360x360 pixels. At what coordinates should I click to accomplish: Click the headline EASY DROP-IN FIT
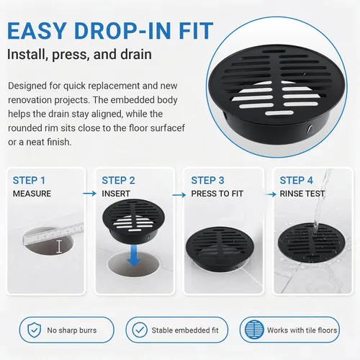pos(110,31)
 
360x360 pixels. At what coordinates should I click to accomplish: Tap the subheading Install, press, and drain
pos(79,55)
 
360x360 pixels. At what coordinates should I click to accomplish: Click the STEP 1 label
pos(29,181)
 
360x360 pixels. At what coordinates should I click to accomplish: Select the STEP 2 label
pos(118,181)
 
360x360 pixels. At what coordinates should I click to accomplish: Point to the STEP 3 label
pos(207,181)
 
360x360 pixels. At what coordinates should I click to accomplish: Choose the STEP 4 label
pos(297,181)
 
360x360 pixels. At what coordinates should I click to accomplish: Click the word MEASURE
pos(32,194)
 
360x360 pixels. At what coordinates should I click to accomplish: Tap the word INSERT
pos(116,194)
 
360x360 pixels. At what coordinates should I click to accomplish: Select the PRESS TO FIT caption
pos(217,194)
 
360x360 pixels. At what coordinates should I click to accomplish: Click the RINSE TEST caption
pos(302,194)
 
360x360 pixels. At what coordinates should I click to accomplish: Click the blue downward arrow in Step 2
pos(134,256)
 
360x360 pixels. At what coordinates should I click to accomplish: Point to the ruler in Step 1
pos(53,234)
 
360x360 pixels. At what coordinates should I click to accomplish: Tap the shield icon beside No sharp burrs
pos(35,330)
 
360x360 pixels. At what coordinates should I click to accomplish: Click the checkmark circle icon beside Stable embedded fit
pos(140,330)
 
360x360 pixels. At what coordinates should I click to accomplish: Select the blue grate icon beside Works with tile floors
pos(254,330)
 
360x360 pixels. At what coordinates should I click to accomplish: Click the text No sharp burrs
pos(72,330)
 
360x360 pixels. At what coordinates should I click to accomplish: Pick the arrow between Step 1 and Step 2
pos(89,194)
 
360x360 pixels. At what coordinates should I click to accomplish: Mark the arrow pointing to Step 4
pos(271,194)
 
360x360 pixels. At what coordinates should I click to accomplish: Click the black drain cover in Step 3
pos(220,249)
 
